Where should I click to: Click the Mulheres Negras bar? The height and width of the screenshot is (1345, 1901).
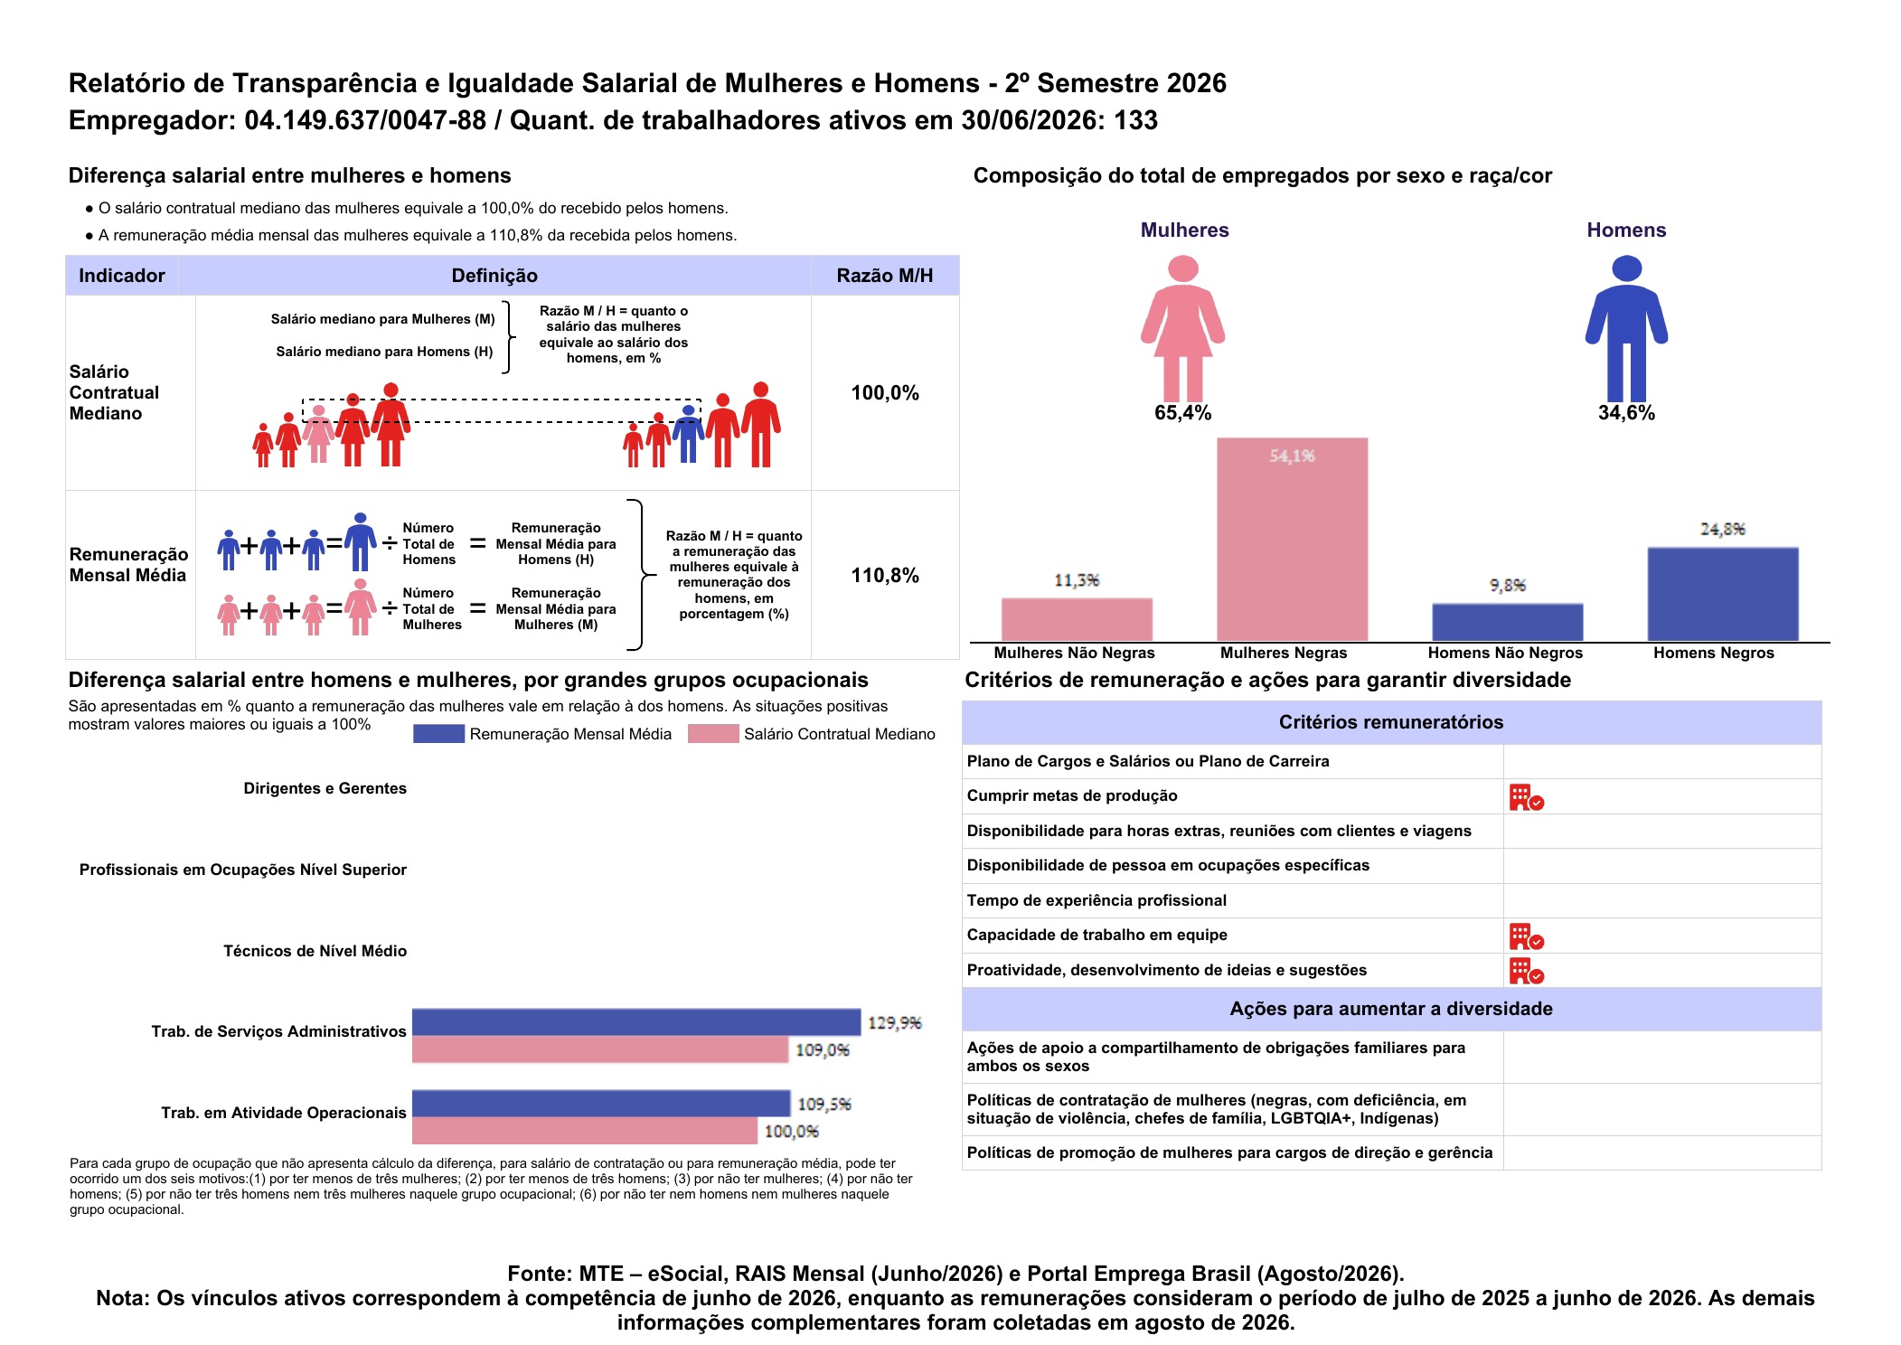[1292, 540]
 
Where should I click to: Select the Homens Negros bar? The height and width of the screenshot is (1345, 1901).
[1722, 594]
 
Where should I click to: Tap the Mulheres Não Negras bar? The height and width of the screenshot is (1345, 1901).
[1077, 619]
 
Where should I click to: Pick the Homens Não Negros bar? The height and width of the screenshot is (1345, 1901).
[1507, 622]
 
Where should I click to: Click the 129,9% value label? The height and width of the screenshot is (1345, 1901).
[894, 1022]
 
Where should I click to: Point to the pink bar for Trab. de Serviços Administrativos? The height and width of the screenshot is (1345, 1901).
[600, 1049]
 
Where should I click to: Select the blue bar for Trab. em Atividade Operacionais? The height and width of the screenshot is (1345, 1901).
[601, 1104]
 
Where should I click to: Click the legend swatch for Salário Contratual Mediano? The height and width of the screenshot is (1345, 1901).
[713, 734]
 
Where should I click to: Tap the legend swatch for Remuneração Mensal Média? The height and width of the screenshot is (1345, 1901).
[438, 734]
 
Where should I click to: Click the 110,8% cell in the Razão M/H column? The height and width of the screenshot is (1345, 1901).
[885, 576]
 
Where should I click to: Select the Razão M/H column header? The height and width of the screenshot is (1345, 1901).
[885, 276]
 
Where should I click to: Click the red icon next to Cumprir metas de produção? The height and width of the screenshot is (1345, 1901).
[1526, 797]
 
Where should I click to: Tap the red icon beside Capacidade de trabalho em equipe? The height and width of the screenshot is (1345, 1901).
[1526, 936]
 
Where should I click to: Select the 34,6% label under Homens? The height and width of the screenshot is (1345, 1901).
[1626, 413]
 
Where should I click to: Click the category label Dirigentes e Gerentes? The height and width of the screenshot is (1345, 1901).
[325, 788]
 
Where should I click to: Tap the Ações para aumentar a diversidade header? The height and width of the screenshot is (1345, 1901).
[1391, 1009]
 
